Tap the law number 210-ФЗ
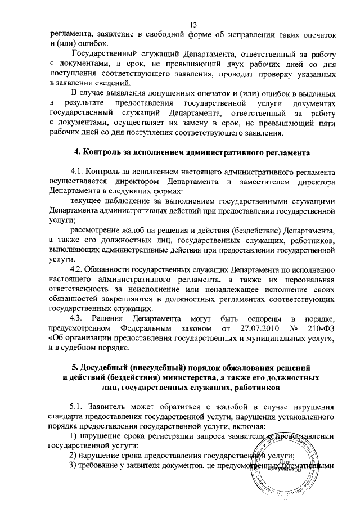coord(322,327)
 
